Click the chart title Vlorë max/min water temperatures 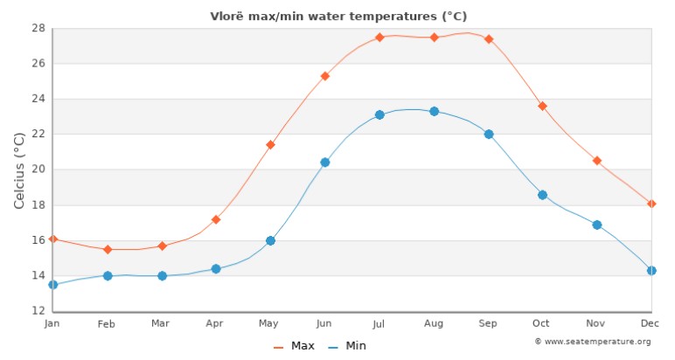coord(337,17)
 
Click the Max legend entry coord(294,346)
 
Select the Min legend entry coord(347,346)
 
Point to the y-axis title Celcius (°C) coord(19,170)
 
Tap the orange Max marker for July coord(379,38)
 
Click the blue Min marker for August coord(434,111)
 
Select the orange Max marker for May coord(270,145)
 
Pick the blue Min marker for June coord(325,163)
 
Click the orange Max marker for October coord(542,106)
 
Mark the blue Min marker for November coord(597,225)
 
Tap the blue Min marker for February coord(108,276)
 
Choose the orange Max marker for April coord(216,219)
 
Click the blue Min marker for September coord(489,135)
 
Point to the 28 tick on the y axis coord(38,28)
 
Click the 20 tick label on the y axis coord(38,170)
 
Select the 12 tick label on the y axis coord(38,311)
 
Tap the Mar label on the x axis coord(161,324)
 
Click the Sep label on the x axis coord(488,324)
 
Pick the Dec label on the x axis coord(650,324)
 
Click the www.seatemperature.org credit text coord(599,341)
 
